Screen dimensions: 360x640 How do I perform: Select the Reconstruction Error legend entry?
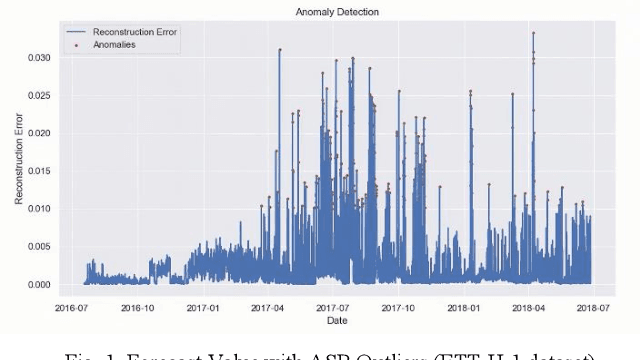(x=134, y=33)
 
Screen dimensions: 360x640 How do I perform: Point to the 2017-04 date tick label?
(x=271, y=308)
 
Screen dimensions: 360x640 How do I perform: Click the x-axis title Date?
(x=331, y=321)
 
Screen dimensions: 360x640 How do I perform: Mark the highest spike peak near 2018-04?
(x=533, y=33)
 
